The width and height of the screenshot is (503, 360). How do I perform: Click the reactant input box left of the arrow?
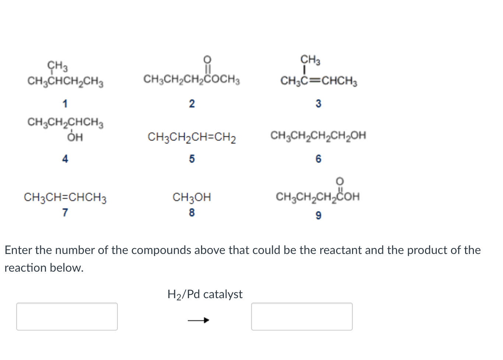(67, 317)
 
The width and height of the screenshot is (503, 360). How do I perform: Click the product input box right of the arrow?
(302, 317)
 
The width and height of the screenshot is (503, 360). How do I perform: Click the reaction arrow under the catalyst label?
(198, 320)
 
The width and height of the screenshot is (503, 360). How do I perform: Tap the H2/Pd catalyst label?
(205, 294)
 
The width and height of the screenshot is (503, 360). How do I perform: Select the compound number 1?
(65, 104)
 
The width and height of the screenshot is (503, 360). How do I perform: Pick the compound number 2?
(192, 104)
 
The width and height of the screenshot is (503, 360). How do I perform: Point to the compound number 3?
(319, 104)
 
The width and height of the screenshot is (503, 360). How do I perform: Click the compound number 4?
(65, 159)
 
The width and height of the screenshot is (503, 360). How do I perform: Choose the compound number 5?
(192, 159)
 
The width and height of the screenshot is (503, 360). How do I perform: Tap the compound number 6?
(319, 159)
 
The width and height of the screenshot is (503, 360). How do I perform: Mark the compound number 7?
(65, 212)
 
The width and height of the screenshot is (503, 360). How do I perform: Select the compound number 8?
(192, 212)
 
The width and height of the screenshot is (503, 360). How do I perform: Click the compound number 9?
(319, 215)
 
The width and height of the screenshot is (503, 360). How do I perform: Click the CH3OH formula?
(192, 198)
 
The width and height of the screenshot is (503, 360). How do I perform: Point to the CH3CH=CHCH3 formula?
(65, 198)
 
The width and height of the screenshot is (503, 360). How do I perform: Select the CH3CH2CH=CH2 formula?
(192, 137)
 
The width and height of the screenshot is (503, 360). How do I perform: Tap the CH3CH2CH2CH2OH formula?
(319, 135)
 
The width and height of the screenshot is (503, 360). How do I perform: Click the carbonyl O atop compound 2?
(207, 60)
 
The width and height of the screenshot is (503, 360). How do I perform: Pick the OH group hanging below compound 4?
(75, 137)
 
